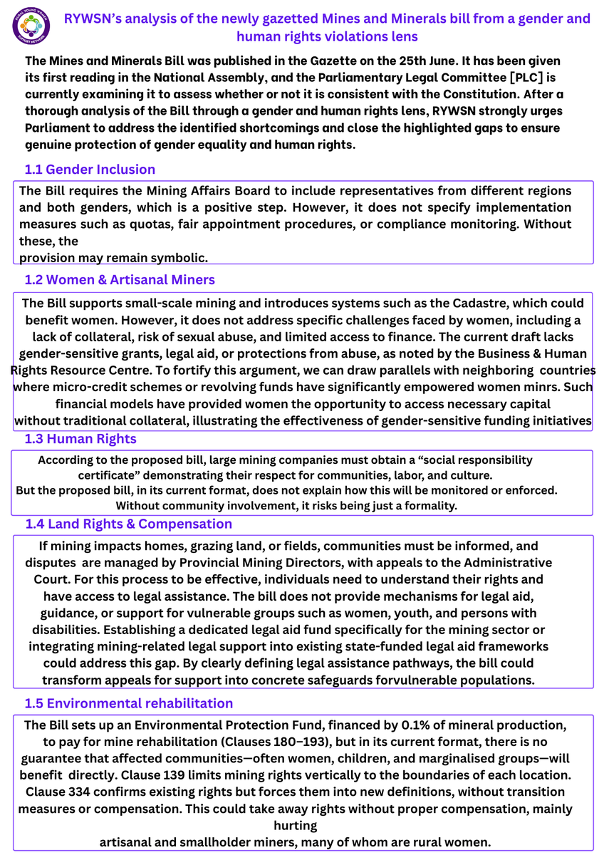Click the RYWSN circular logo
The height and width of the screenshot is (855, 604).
point(31,28)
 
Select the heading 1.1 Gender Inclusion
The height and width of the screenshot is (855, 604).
point(90,170)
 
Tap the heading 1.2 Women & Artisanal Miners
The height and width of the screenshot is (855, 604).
point(120,279)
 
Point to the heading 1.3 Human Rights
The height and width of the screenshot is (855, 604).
point(80,438)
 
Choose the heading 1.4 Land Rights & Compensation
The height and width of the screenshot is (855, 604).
point(128,524)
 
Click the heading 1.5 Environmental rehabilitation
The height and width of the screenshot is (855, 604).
point(128,703)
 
